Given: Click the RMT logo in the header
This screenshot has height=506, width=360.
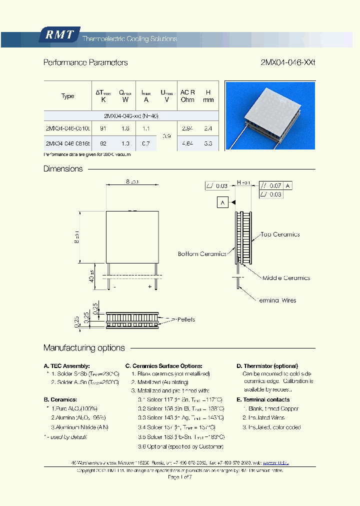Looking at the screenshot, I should click(x=59, y=35).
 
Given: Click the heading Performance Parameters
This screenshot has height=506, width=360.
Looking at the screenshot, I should click(x=85, y=62).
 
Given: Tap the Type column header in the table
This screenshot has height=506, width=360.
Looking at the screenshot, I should click(x=67, y=96).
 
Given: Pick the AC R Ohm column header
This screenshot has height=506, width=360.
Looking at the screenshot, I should click(x=187, y=96).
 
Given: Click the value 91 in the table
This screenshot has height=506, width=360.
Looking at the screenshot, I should click(x=103, y=128).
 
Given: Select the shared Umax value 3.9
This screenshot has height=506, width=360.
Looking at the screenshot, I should click(x=167, y=136).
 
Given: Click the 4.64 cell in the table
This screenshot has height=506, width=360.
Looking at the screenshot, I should click(x=187, y=143).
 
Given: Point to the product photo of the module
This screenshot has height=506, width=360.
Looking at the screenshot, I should click(x=270, y=115).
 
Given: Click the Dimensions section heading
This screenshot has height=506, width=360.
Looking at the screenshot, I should click(x=63, y=169).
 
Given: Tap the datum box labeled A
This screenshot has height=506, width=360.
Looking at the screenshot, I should click(x=222, y=202).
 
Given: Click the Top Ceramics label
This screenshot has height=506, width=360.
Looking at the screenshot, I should click(x=279, y=234).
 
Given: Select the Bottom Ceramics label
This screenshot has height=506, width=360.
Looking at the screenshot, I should click(x=202, y=254).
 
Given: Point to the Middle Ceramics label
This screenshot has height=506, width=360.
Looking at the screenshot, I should click(x=286, y=278).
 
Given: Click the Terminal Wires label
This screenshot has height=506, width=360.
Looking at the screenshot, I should click(x=276, y=300).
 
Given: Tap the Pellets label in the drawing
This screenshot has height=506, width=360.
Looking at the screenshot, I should click(x=185, y=319).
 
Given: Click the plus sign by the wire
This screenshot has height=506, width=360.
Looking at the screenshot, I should click(x=149, y=287).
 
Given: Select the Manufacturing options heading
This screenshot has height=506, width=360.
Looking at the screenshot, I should click(x=84, y=348).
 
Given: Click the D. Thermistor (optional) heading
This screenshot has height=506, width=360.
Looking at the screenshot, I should click(x=267, y=366).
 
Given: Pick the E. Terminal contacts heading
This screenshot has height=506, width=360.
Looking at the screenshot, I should click(x=263, y=399).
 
